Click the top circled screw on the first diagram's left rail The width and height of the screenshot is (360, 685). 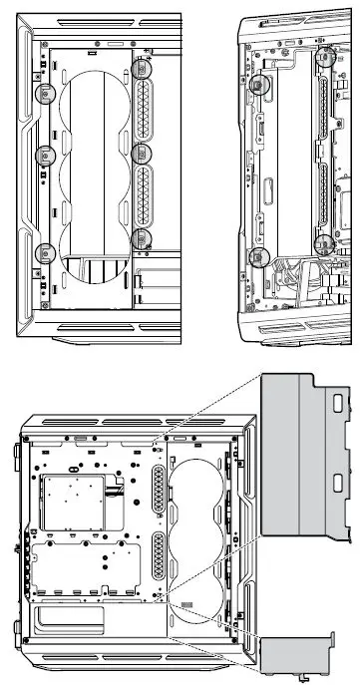click(x=44, y=94)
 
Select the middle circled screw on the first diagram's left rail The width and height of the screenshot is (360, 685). click(x=44, y=156)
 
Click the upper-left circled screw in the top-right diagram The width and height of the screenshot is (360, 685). click(x=259, y=86)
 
